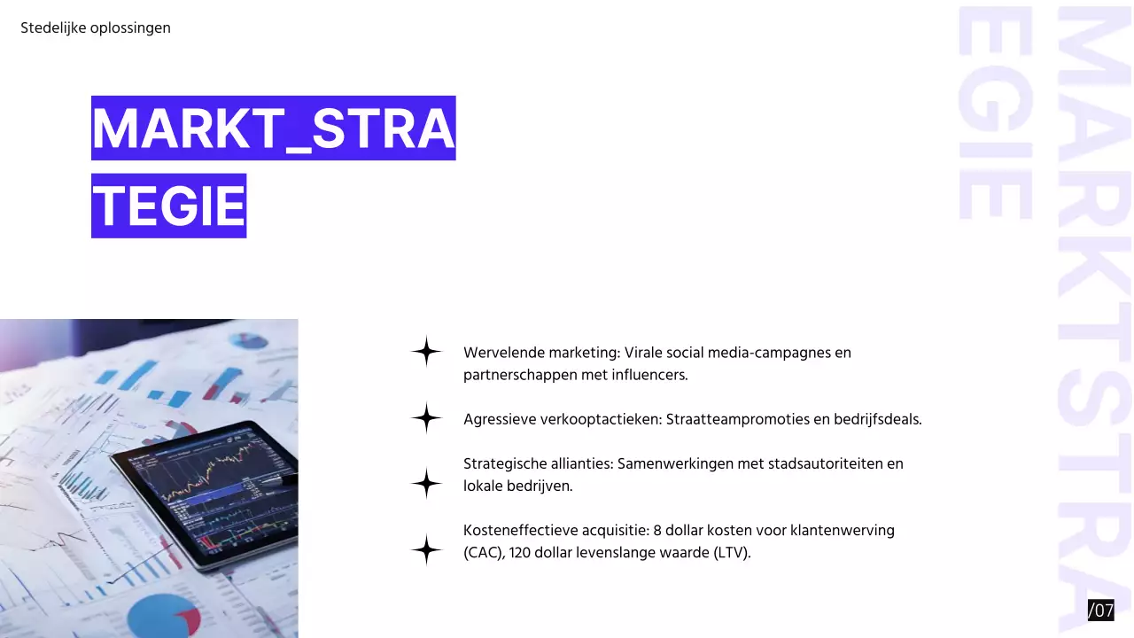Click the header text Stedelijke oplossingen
[96, 28]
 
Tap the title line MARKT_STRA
[273, 128]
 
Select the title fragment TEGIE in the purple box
[168, 206]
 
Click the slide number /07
[1100, 610]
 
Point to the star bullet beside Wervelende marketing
[426, 352]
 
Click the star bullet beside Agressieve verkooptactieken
[426, 418]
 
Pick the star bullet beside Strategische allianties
[426, 484]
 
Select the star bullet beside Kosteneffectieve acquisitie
[426, 550]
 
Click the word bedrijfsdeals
[877, 419]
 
